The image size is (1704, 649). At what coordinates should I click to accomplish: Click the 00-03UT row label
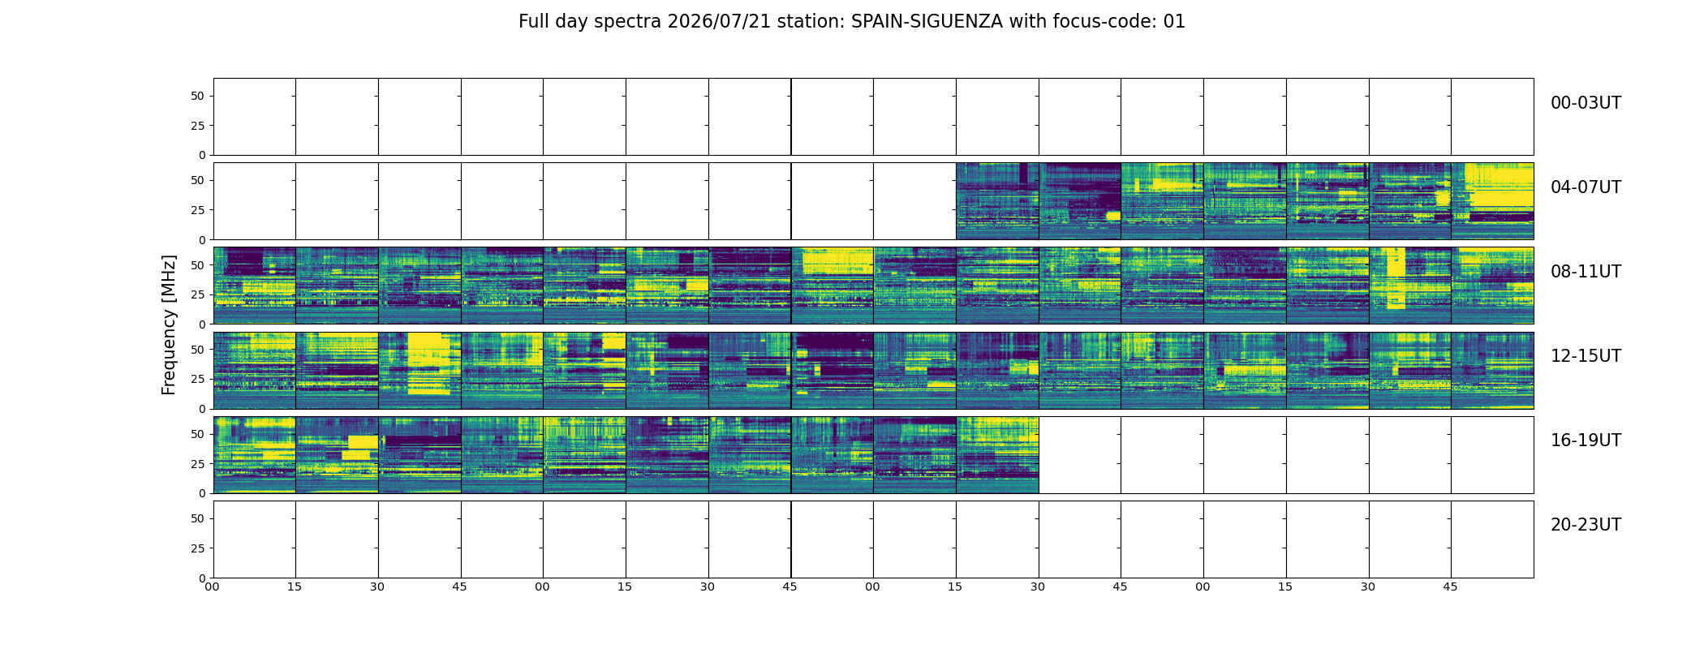(1586, 103)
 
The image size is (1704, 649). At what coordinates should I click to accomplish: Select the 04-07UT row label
(1586, 187)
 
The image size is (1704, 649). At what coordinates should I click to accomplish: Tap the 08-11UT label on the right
(1586, 272)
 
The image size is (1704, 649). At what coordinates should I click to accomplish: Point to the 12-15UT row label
(1586, 356)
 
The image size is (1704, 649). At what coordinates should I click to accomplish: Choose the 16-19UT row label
(1586, 441)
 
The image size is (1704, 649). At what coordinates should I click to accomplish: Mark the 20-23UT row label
(1586, 525)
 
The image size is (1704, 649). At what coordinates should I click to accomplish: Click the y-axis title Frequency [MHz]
(169, 325)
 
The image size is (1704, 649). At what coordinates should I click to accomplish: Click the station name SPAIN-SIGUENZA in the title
(927, 22)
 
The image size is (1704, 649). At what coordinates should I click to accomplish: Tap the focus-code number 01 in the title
(1174, 22)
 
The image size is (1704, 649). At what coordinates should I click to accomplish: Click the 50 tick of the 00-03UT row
(198, 96)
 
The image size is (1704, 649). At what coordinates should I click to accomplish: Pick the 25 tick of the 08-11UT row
(198, 294)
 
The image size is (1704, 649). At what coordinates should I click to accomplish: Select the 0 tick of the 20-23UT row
(202, 578)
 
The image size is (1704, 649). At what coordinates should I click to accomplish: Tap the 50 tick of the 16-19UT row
(198, 434)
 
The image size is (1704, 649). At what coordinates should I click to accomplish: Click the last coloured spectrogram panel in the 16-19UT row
(997, 455)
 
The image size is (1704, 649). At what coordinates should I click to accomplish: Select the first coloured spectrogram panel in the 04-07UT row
(997, 201)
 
